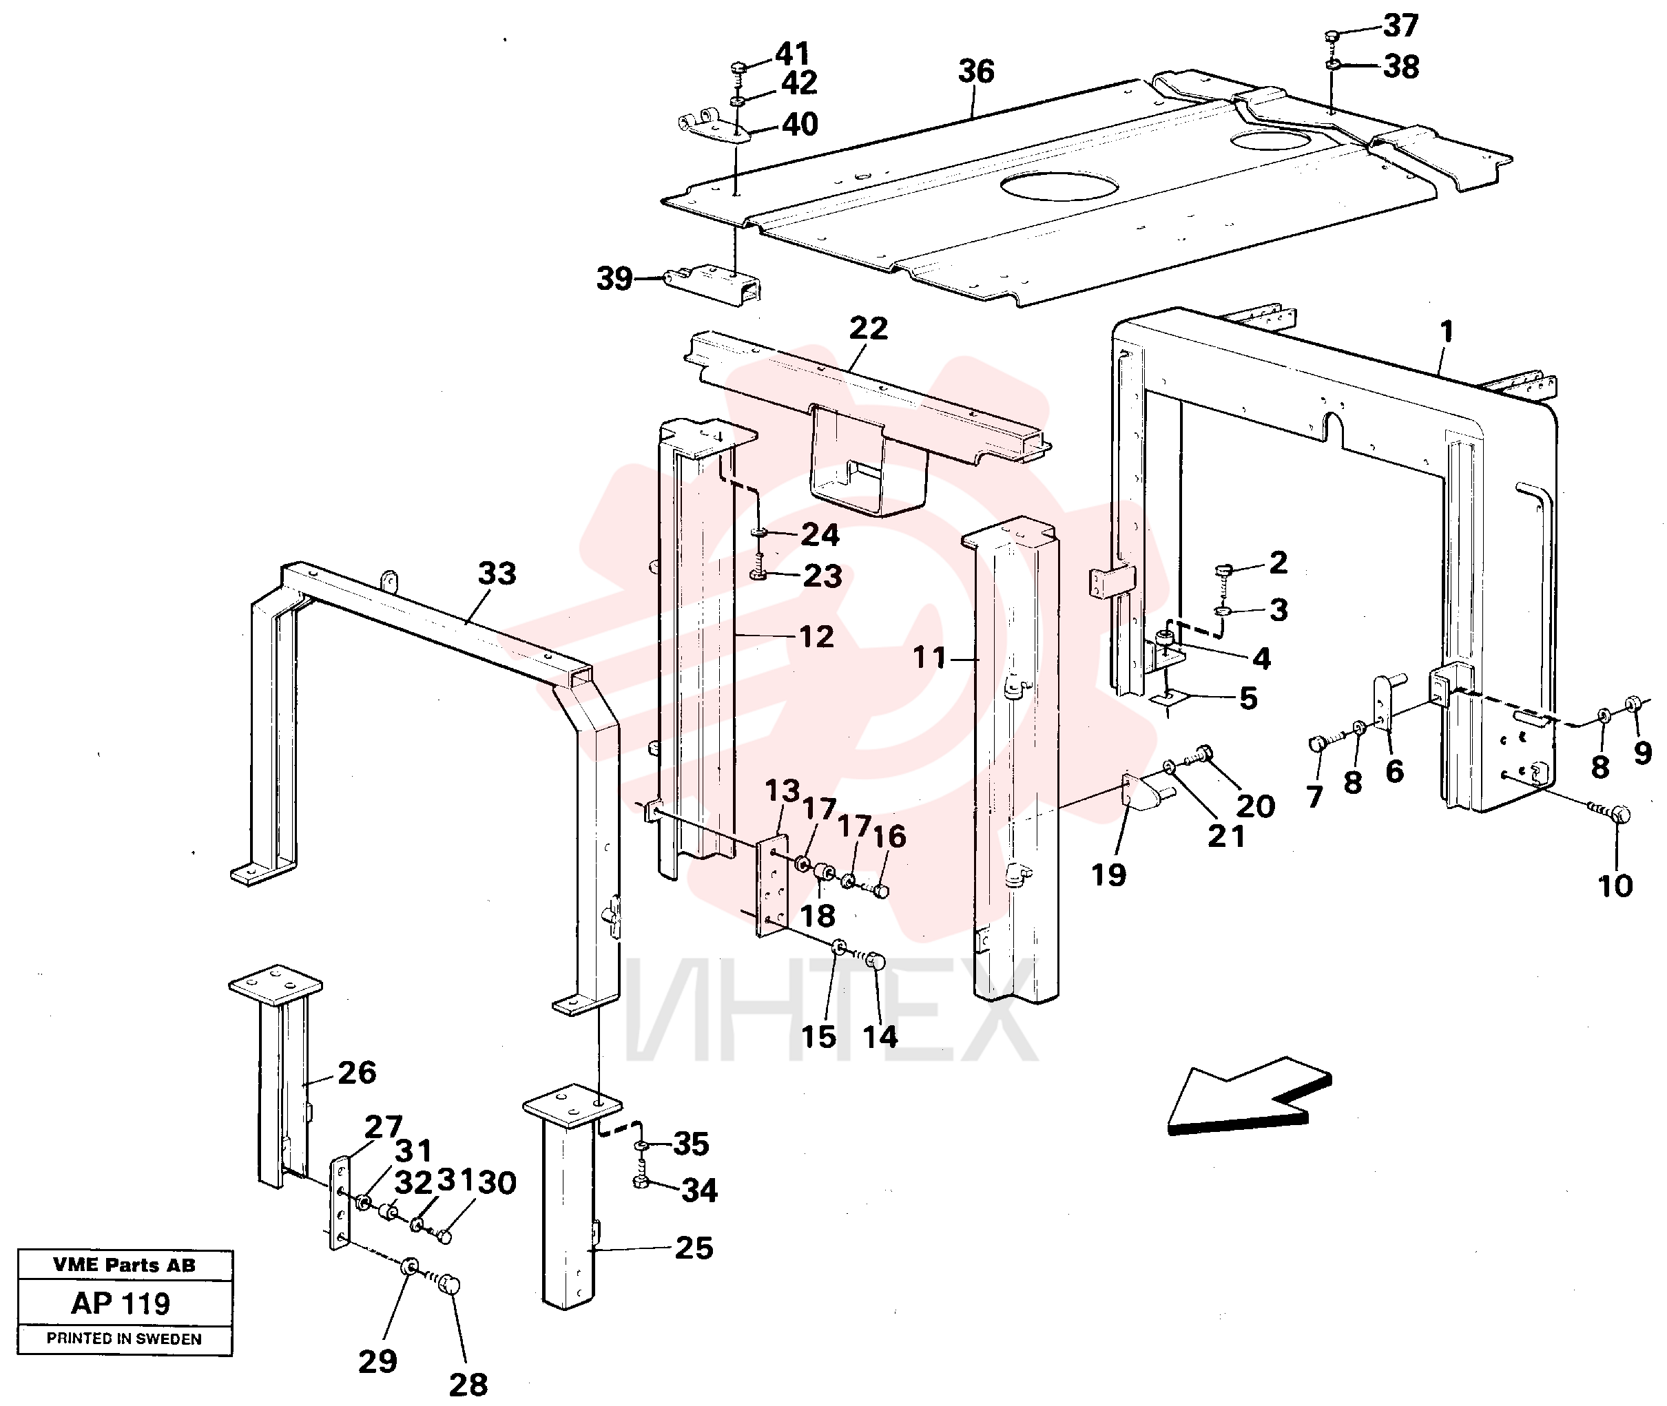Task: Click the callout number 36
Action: (976, 71)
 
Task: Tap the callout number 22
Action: (868, 328)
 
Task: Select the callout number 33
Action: (497, 572)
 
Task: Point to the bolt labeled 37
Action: (1331, 36)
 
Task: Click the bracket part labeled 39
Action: (711, 282)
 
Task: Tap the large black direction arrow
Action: (1248, 1098)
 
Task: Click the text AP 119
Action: (121, 1303)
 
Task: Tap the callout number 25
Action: (694, 1248)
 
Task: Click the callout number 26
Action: (356, 1072)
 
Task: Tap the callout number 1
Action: (1446, 330)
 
